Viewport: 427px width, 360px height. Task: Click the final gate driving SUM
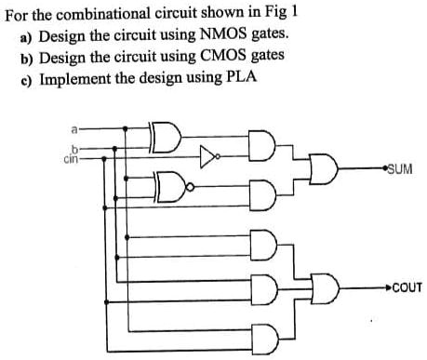tap(327, 171)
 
